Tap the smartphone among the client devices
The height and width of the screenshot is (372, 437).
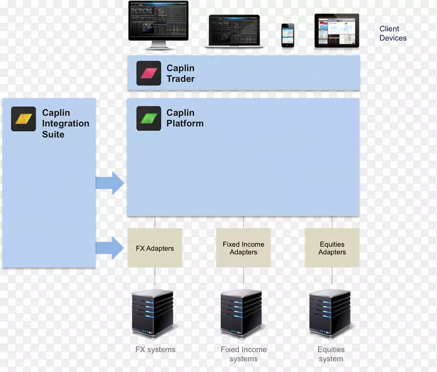[x=287, y=35]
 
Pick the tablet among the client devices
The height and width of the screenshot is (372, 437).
[x=336, y=31]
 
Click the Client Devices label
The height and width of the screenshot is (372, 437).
[x=393, y=33]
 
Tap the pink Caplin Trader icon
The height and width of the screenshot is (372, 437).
[x=149, y=73]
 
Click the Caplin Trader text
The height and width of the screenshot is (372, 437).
[x=180, y=74]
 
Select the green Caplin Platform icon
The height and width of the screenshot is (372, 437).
[x=149, y=118]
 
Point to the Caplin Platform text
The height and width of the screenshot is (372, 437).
[x=185, y=118]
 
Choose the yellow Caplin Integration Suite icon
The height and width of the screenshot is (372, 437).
[x=23, y=118]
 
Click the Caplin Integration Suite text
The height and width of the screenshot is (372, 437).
[x=65, y=123]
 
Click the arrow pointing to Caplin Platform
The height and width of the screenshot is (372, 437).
[x=110, y=183]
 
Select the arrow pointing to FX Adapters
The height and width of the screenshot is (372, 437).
[x=110, y=248]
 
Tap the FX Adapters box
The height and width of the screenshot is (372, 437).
[x=155, y=248]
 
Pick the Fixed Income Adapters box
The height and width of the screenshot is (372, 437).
[x=243, y=248]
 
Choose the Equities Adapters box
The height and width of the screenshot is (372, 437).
[x=332, y=248]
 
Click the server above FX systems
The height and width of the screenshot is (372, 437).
[x=153, y=314]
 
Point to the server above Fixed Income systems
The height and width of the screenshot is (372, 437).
[x=241, y=314]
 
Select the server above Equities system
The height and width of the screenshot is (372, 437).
[x=330, y=314]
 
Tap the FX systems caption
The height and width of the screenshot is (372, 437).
[x=155, y=350]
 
